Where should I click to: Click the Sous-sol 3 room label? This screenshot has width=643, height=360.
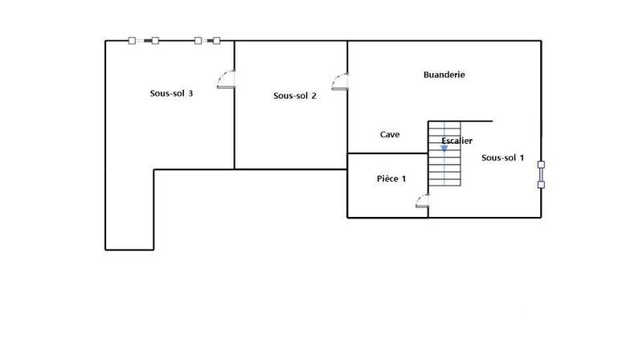point(171,93)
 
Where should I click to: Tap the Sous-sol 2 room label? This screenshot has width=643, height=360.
point(294,96)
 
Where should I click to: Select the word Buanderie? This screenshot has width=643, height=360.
point(444,75)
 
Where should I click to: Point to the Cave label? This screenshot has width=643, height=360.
point(390,135)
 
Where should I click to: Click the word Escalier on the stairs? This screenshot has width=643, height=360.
point(457,141)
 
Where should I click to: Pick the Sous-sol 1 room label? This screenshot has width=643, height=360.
point(502,157)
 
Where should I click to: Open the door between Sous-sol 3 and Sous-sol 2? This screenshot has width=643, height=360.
point(227,79)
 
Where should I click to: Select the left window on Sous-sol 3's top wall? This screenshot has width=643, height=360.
point(144,40)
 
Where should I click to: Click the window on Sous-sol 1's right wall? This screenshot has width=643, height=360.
point(541,174)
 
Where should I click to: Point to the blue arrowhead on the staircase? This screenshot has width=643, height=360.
point(444,149)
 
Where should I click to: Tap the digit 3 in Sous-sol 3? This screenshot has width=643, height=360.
point(190,93)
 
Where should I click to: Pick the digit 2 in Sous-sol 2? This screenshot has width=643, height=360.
point(313,96)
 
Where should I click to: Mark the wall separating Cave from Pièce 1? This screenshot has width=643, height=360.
point(387,153)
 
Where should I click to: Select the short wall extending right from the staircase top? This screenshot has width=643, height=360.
point(476,121)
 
